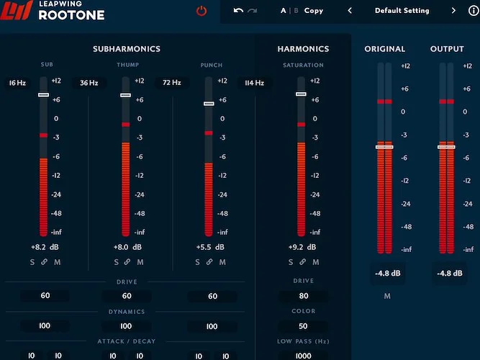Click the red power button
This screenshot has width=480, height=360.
coord(201,11)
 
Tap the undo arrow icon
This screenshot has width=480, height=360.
coord(238,11)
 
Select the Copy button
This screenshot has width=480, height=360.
coord(313,11)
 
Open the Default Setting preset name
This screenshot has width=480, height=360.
coord(402,11)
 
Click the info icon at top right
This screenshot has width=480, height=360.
coord(473,11)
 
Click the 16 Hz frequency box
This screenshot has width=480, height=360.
coord(18,83)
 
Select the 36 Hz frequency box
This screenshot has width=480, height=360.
coord(89,83)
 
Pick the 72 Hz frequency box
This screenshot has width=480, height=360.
coord(171,83)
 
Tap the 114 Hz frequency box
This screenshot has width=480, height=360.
coord(255,83)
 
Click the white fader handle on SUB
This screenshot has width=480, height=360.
coord(43,95)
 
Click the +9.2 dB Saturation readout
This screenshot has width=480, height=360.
coord(301,247)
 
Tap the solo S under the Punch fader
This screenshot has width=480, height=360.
coord(197,262)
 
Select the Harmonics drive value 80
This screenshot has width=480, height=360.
coord(303,296)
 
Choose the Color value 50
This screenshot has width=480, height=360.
coord(303,326)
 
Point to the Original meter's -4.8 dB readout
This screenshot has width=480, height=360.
coord(387,274)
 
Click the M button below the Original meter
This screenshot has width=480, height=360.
coord(387,296)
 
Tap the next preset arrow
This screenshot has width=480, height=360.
coord(453,11)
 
